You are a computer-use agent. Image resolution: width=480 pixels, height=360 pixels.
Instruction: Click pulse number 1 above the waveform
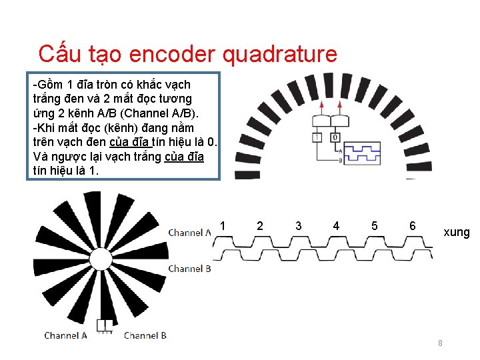coord(222,226)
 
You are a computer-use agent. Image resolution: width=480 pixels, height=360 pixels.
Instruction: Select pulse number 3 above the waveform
coord(298,226)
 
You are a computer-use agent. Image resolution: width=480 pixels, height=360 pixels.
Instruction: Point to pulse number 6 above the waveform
coord(413,226)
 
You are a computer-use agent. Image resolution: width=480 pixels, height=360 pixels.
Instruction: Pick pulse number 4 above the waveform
coord(336,226)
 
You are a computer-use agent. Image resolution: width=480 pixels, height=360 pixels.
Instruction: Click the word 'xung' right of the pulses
coord(457,233)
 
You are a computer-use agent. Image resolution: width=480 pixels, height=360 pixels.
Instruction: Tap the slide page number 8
coord(440,343)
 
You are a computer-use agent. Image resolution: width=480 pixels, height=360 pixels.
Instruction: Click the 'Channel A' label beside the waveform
coord(189,233)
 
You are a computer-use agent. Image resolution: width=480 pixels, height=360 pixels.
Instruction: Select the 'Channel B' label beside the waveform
coord(189,269)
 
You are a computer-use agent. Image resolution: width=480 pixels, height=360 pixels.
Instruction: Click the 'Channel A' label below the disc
coord(65,335)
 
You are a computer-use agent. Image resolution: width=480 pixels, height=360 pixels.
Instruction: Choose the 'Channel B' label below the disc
coord(145,335)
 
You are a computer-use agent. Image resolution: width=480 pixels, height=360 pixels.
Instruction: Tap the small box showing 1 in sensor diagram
coord(318,137)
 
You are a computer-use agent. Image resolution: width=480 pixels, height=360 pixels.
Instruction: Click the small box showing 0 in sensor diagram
coord(334,137)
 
